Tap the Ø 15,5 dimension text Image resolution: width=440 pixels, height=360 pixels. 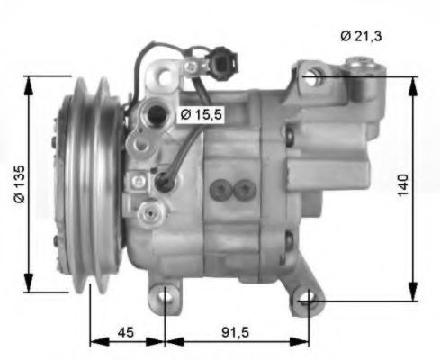click(199, 114)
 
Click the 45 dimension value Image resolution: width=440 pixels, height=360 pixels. click(128, 333)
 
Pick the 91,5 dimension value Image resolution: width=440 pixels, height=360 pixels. click(235, 333)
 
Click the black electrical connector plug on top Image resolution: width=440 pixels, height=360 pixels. click(222, 66)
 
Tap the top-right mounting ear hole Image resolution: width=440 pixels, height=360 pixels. click(310, 77)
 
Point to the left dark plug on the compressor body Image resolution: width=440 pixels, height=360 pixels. click(220, 189)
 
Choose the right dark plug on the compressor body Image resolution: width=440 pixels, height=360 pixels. click(243, 189)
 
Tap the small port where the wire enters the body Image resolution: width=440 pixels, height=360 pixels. click(164, 183)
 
